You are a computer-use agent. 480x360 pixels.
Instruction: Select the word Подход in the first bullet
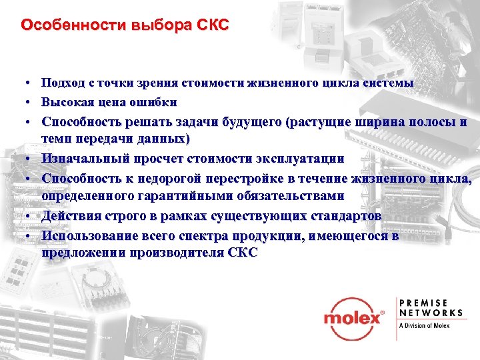[x=62, y=83]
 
